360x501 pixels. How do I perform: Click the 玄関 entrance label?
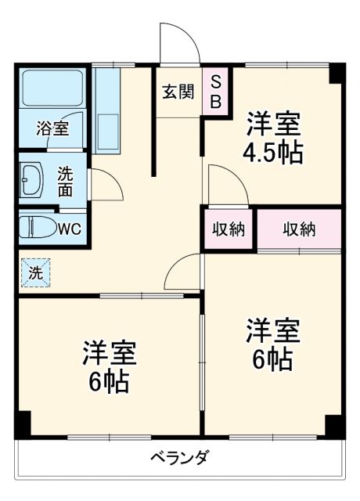click(178, 92)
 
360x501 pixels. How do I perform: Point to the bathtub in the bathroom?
click(52, 93)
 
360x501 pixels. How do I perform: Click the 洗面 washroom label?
click(67, 181)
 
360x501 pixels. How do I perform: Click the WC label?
click(69, 229)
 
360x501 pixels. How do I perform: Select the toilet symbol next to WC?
click(37, 228)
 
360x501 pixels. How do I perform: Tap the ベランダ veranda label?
click(179, 458)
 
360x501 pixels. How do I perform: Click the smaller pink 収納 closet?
click(229, 229)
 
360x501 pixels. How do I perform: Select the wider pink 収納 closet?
click(299, 229)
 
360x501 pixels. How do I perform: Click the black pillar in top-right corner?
click(336, 73)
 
